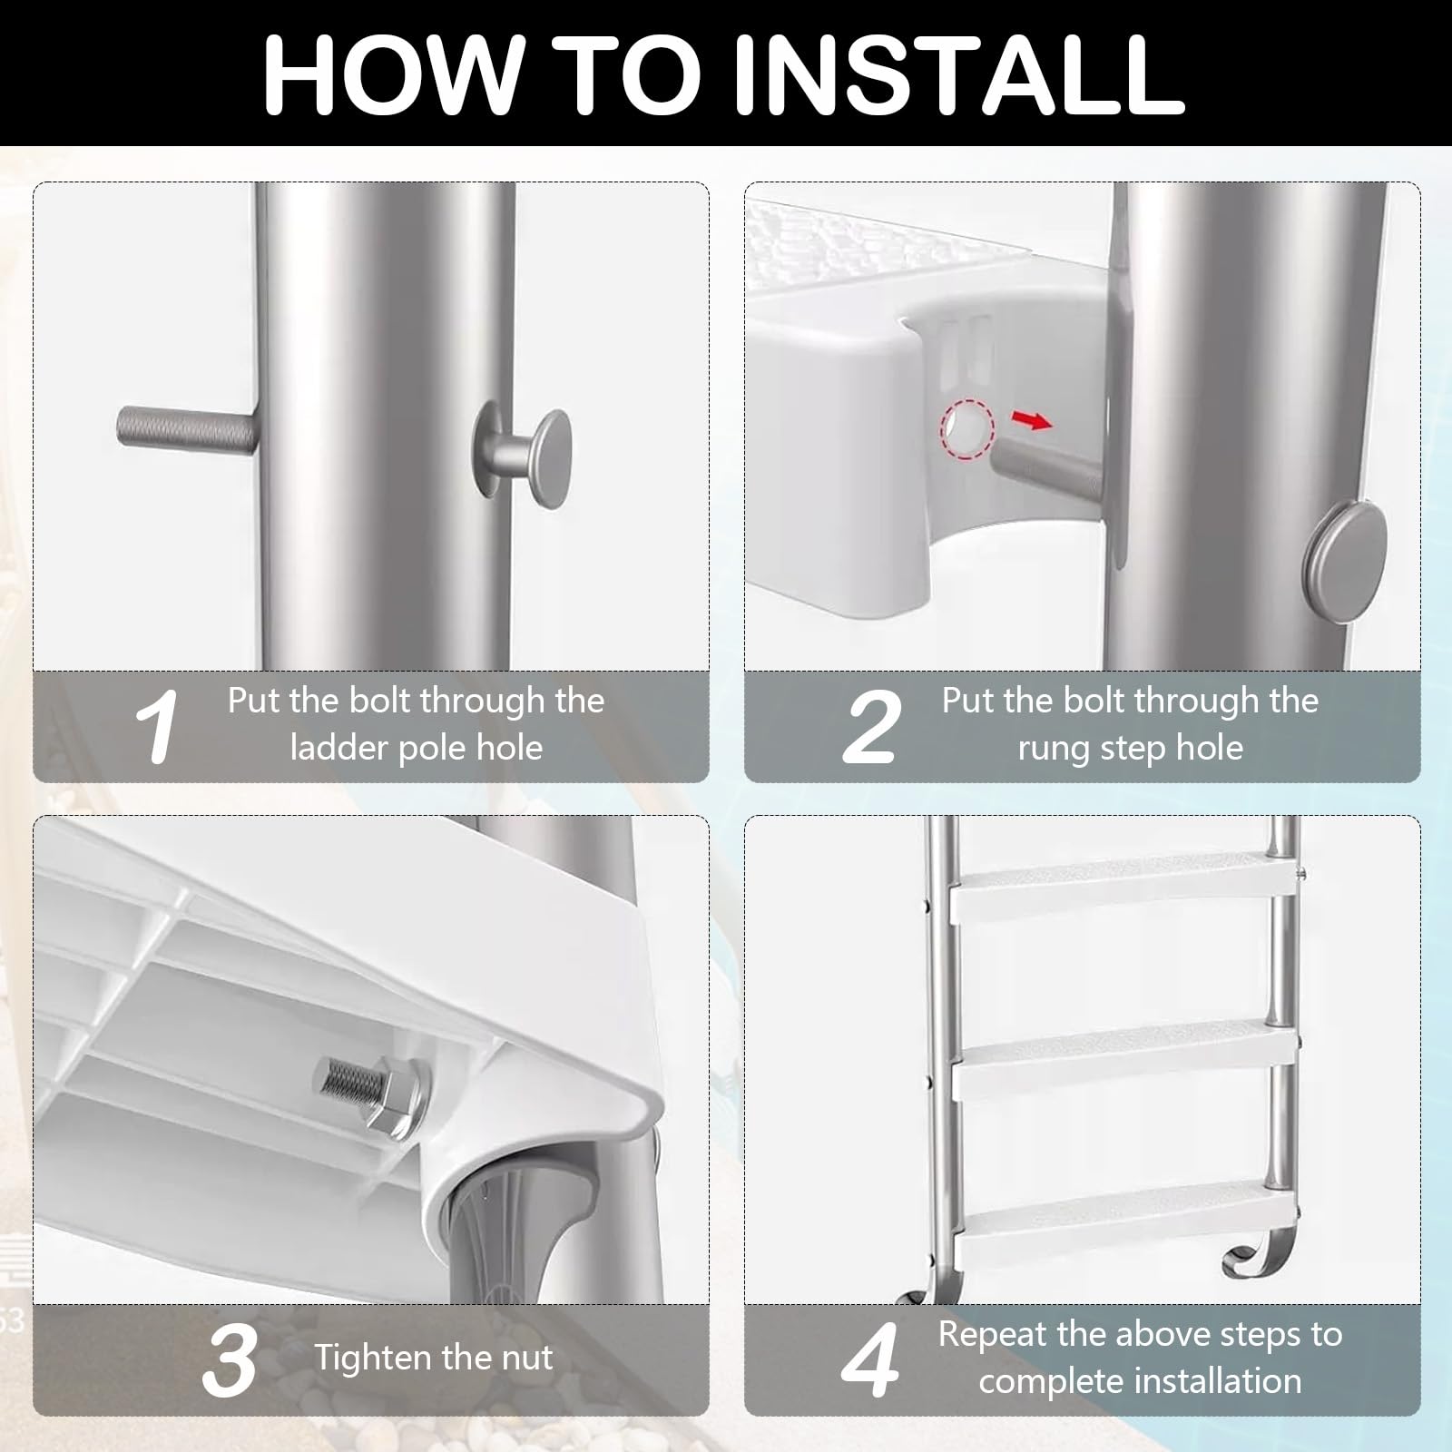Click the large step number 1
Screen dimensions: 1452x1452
[157, 726]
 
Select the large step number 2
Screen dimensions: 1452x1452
[872, 726]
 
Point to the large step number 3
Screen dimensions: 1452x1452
[229, 1359]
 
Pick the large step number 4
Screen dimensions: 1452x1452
[870, 1359]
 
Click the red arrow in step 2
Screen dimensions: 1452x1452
[1033, 419]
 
